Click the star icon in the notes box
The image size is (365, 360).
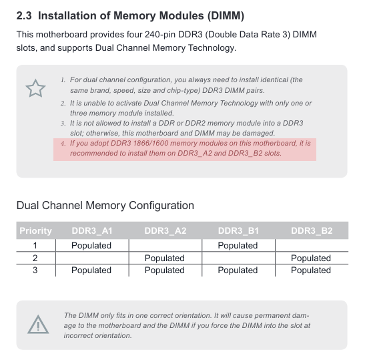click(x=35, y=87)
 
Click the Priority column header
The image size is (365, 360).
click(x=35, y=230)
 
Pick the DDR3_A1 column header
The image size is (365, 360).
click(x=91, y=230)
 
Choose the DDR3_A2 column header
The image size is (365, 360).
click(x=165, y=230)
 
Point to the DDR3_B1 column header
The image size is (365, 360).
click(x=238, y=230)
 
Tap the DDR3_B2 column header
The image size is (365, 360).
click(x=311, y=230)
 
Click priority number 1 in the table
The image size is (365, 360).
click(x=35, y=245)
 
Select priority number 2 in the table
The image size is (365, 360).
click(x=35, y=258)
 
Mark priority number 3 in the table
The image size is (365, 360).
click(x=35, y=270)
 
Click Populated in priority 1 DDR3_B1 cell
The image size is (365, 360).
click(x=238, y=245)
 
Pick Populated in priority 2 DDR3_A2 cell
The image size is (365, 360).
click(x=164, y=258)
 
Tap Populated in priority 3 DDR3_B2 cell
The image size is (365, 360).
click(x=310, y=270)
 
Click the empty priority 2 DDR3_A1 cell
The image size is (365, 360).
click(x=91, y=258)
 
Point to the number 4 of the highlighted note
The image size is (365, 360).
click(x=63, y=144)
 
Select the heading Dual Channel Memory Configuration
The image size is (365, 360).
click(x=105, y=205)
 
